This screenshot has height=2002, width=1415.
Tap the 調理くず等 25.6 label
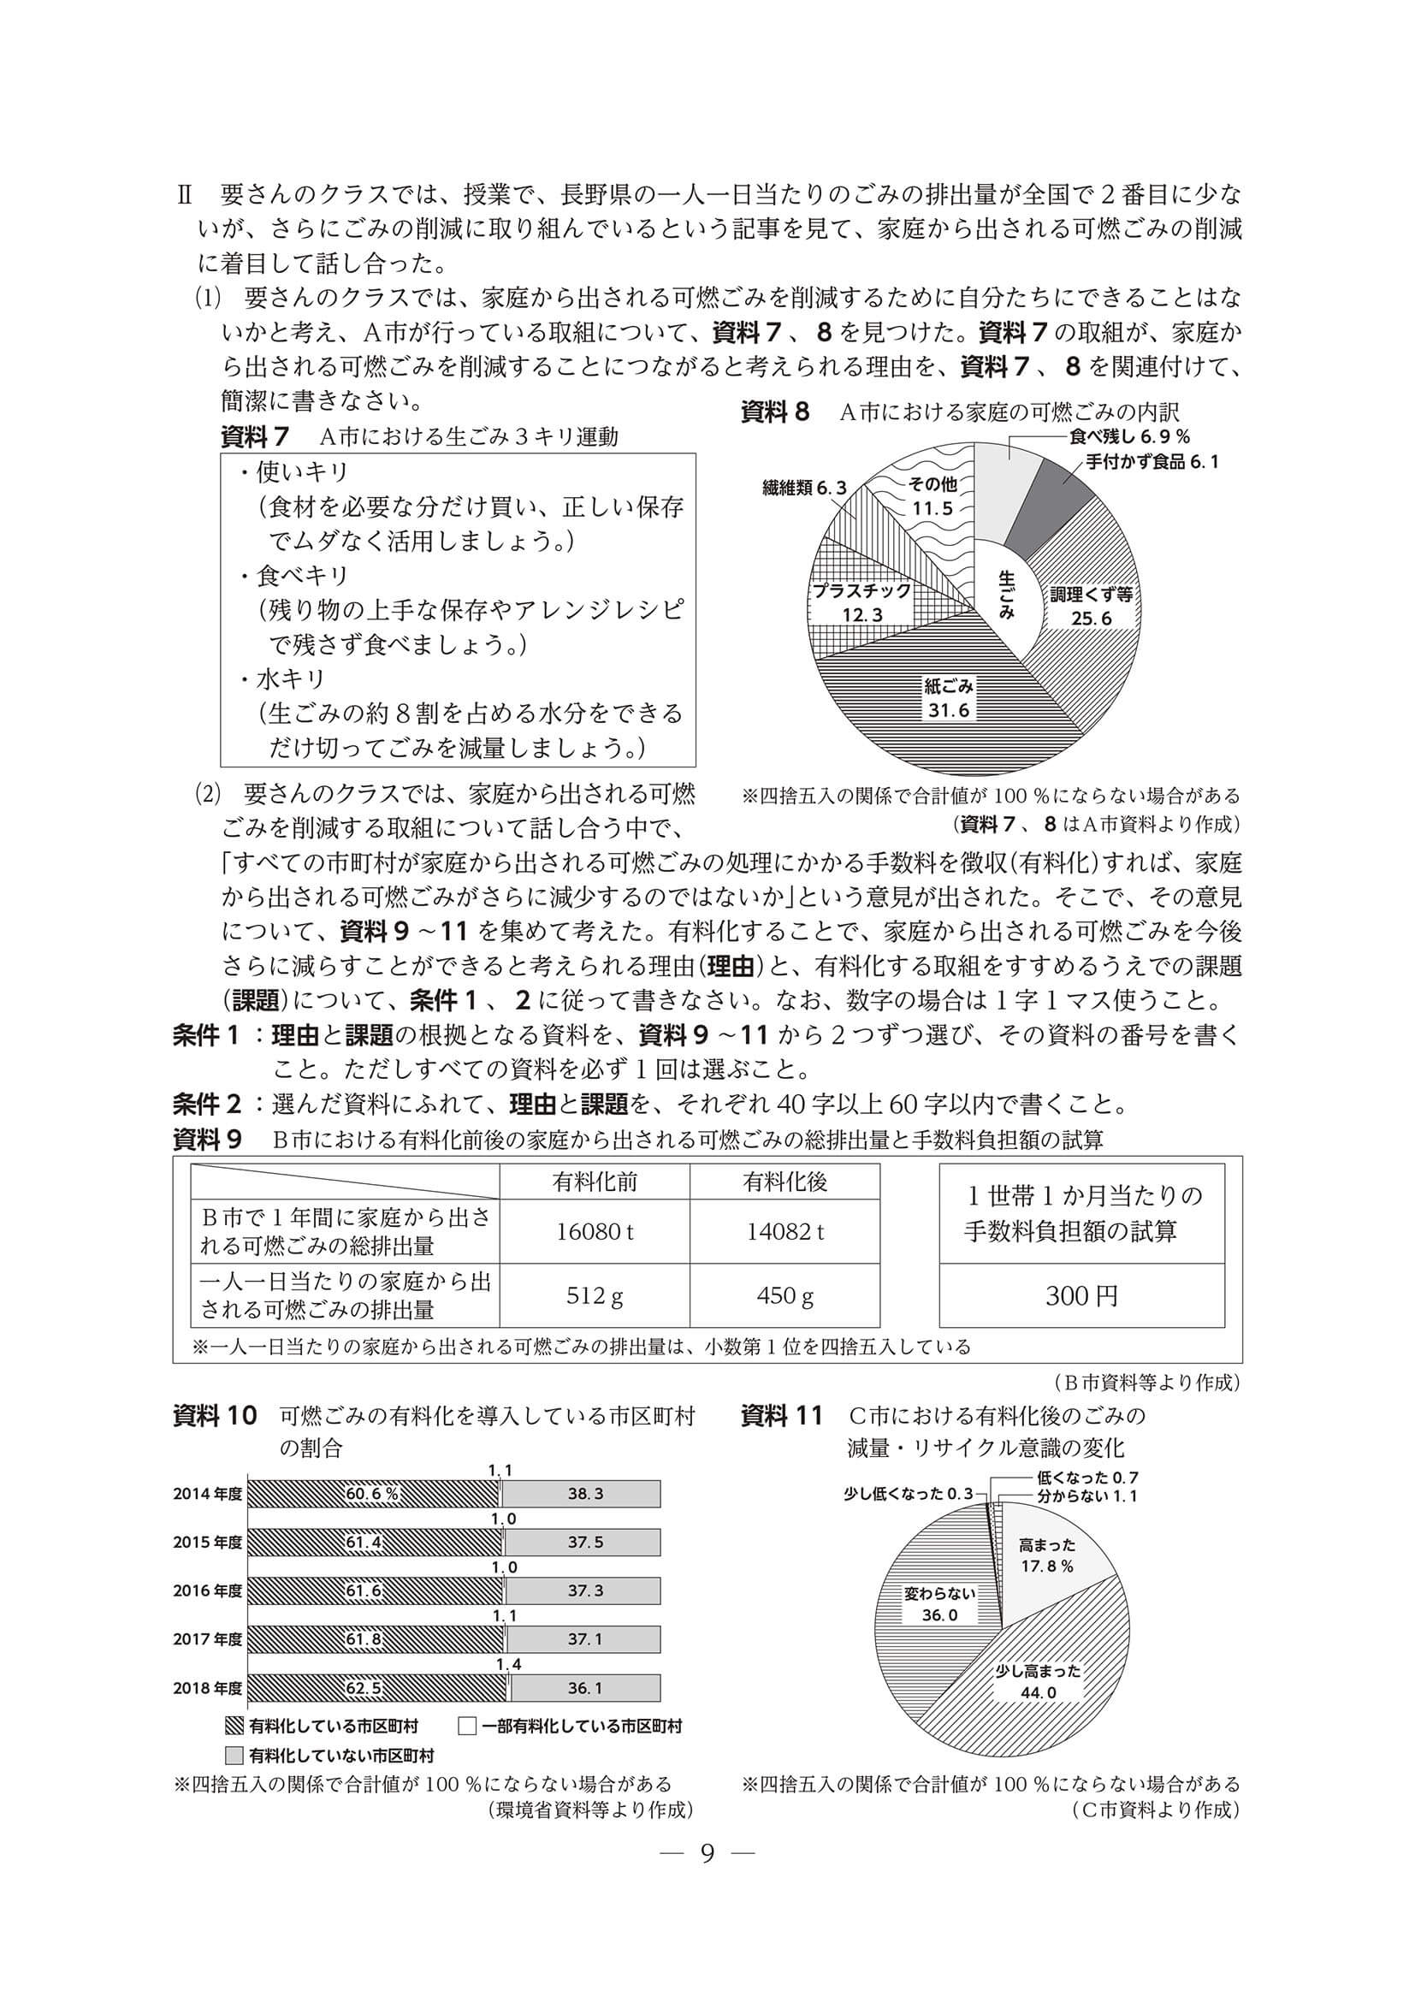pyautogui.click(x=1091, y=606)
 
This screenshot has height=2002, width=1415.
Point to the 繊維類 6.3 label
pyautogui.click(x=803, y=489)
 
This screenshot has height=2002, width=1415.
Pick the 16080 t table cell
pyautogui.click(x=595, y=1231)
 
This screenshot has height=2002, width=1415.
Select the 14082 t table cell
pyautogui.click(x=784, y=1231)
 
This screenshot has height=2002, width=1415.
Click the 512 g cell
pyautogui.click(x=595, y=1295)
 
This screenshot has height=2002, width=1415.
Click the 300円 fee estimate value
pyautogui.click(x=1081, y=1296)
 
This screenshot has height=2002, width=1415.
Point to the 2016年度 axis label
pyautogui.click(x=208, y=1591)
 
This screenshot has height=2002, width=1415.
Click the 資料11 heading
pyautogui.click(x=781, y=1417)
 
